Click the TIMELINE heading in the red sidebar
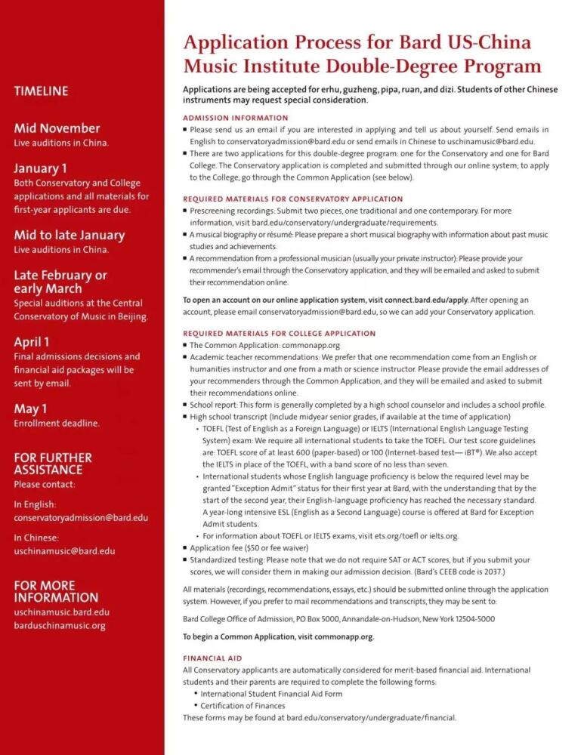pyautogui.click(x=41, y=91)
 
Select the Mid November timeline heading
pyautogui.click(x=57, y=128)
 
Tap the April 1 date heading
pyautogui.click(x=32, y=341)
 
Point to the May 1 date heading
pyautogui.click(x=30, y=408)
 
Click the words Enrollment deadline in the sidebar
pyautogui.click(x=57, y=424)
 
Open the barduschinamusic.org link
pyautogui.click(x=60, y=626)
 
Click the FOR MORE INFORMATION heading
pyautogui.click(x=56, y=592)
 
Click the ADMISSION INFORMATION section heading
pyautogui.click(x=236, y=118)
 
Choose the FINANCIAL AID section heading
pyautogui.click(x=212, y=658)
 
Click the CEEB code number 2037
pyautogui.click(x=492, y=572)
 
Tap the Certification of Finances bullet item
pyautogui.click(x=243, y=706)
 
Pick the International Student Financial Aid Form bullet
pyautogui.click(x=271, y=694)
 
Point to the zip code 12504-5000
pyautogui.click(x=470, y=619)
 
